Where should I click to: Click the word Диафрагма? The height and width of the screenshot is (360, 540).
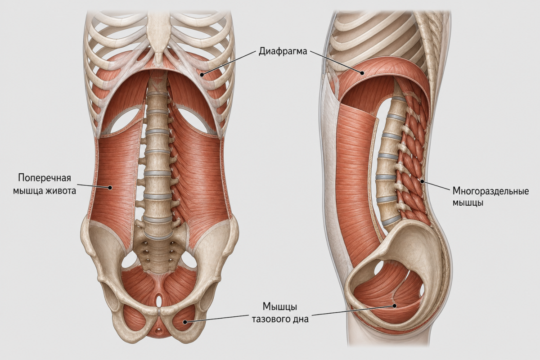[283, 52]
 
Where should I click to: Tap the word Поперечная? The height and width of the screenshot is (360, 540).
[45, 178]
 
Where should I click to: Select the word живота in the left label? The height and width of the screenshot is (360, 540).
[61, 191]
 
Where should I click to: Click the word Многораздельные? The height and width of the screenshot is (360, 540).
[490, 191]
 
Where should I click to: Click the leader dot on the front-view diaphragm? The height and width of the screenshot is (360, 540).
[202, 75]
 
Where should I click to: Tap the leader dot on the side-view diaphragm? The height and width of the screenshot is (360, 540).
[362, 72]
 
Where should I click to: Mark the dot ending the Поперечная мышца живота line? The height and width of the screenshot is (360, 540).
[110, 187]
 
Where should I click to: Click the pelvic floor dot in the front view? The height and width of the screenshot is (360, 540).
[185, 322]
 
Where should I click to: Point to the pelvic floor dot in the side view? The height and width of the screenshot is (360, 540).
[394, 306]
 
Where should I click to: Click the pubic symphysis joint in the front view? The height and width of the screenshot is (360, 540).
[159, 311]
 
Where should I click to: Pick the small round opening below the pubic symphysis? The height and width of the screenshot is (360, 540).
[158, 330]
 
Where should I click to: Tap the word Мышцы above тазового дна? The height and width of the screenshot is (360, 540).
[279, 307]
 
